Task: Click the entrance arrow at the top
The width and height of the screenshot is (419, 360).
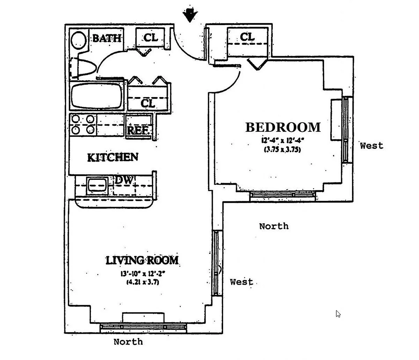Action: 190,15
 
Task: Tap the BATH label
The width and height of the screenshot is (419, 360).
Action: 107,38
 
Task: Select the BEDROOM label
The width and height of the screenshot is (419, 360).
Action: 283,127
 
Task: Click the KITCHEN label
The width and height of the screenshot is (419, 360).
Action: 112,157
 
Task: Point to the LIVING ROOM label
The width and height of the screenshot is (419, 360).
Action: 142,260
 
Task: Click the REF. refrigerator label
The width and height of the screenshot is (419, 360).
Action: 139,131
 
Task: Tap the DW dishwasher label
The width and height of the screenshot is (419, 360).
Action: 124,181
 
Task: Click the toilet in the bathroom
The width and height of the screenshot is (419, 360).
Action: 83,67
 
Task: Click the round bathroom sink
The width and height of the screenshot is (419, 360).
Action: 79,41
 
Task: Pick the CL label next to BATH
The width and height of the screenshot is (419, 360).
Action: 151,37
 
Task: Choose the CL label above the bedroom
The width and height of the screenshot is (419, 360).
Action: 247,37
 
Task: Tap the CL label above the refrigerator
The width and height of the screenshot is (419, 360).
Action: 148,104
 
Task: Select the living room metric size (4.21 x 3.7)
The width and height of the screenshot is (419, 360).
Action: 142,282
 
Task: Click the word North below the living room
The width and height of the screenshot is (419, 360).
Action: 128,342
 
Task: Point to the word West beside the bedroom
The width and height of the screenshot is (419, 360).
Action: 372,146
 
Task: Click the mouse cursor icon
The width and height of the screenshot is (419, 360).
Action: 338,314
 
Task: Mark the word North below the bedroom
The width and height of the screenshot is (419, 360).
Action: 274,226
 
